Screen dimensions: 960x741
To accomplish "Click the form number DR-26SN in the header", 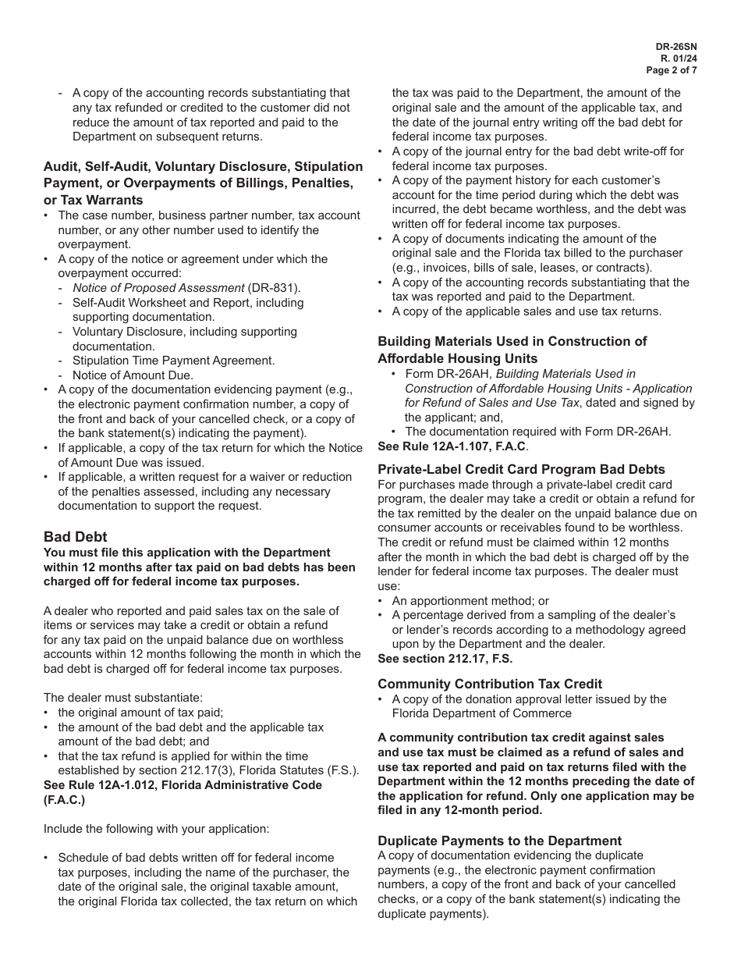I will (x=675, y=47).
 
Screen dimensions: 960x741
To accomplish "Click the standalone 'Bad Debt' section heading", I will (x=75, y=537).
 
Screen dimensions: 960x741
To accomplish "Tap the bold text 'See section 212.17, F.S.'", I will (x=445, y=659).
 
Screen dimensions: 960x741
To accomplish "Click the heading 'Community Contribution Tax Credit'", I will (x=490, y=684).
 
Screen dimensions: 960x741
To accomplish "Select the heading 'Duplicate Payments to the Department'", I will (x=499, y=841).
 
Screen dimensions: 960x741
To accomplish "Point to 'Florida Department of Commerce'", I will (x=481, y=713).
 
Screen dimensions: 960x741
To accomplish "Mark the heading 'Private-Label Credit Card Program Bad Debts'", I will (x=521, y=469).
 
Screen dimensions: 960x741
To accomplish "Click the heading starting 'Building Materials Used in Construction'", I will (x=512, y=341).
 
